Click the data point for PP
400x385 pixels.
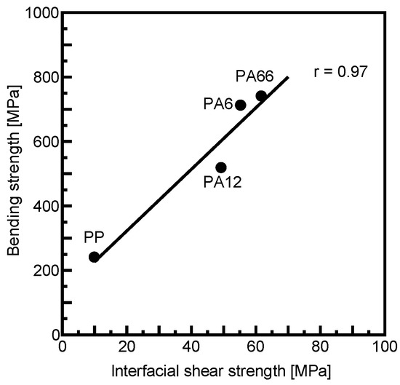(94, 257)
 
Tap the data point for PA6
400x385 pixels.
(241, 105)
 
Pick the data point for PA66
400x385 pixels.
(261, 95)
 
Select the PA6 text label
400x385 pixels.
(217, 105)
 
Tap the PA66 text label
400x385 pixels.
(255, 76)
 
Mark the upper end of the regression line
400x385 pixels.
(288, 76)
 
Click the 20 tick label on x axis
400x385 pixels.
(127, 349)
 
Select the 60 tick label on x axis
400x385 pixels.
(256, 349)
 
